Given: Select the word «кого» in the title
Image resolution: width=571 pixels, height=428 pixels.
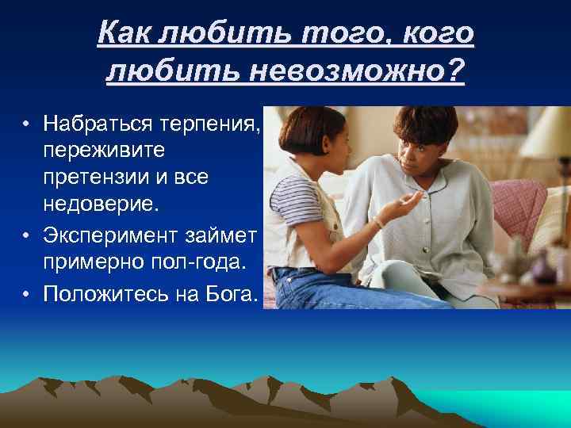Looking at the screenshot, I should (x=439, y=35).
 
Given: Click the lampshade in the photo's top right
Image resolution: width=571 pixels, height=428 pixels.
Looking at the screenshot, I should (x=539, y=132).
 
